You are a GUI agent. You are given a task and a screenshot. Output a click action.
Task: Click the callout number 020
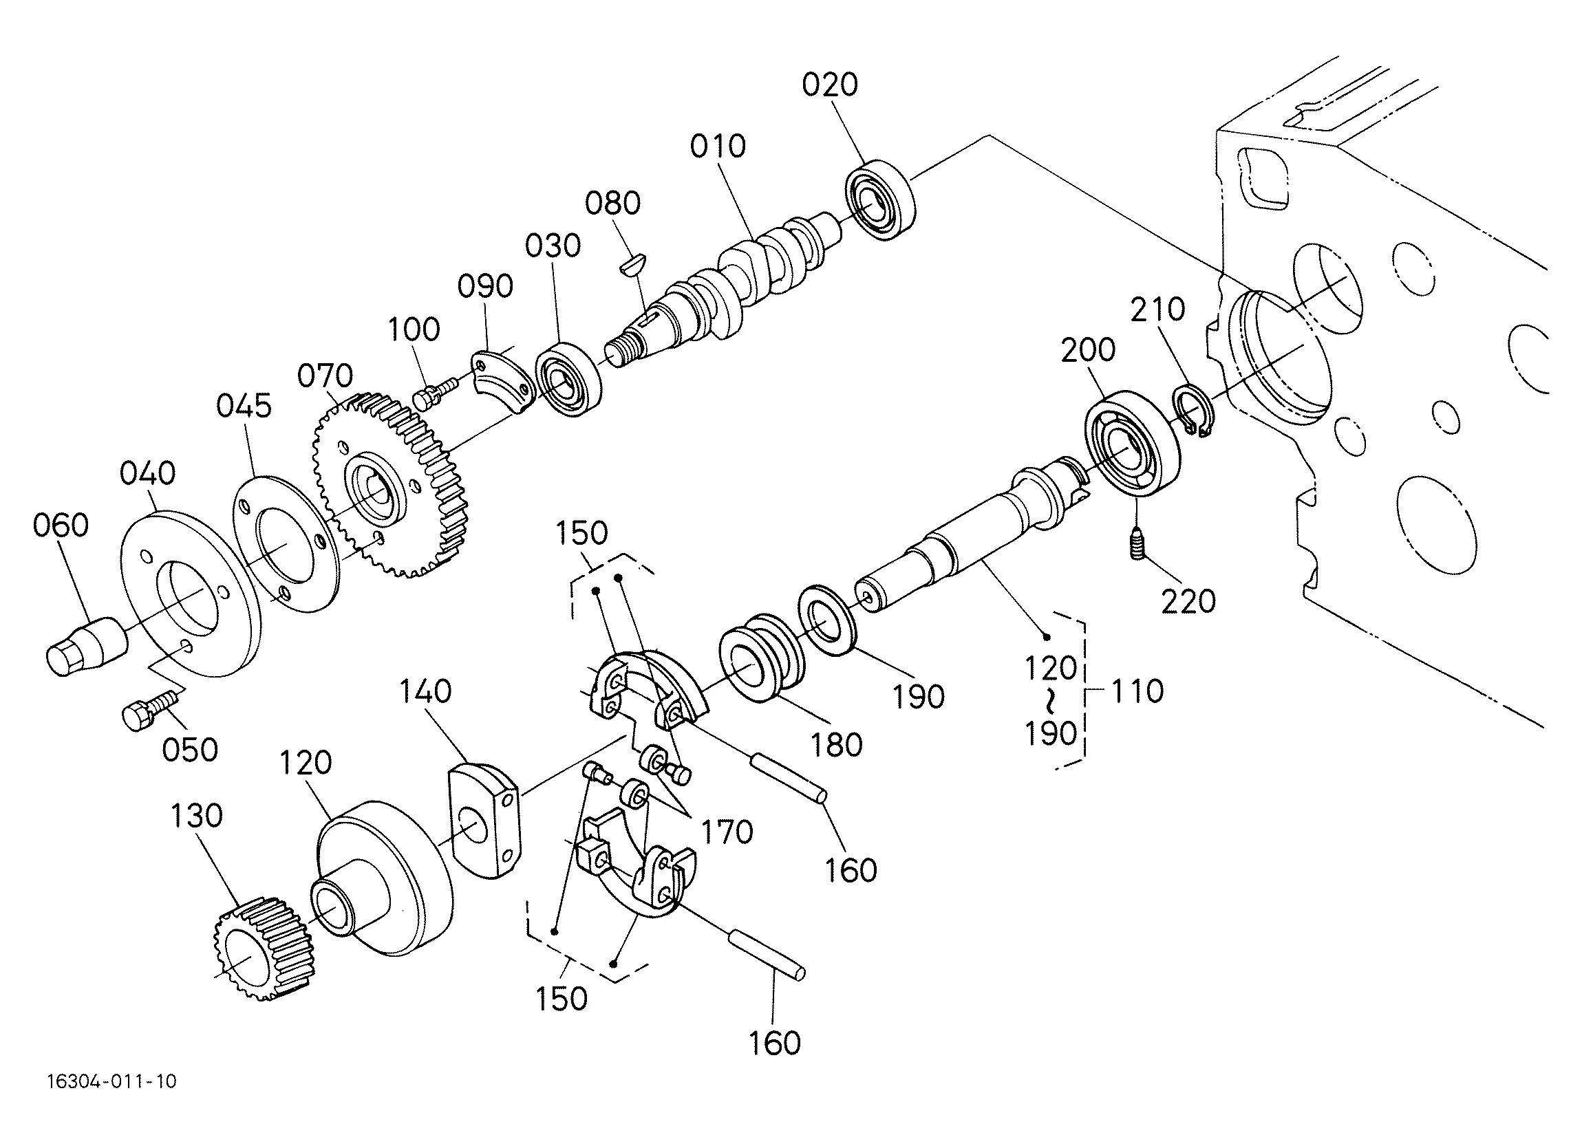point(829,85)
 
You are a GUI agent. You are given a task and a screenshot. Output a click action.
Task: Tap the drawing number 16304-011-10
point(111,1082)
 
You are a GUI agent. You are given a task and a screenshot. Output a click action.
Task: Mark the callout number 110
point(1137,691)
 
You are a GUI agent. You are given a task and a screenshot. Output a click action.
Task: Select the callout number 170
point(727,832)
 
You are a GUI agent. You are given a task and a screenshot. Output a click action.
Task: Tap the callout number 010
point(718,146)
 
